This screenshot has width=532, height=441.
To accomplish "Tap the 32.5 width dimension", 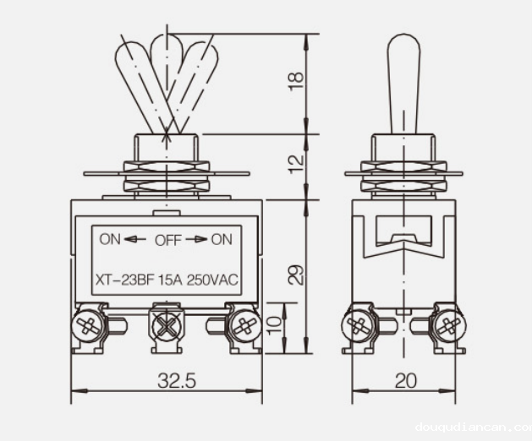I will tap(176, 381).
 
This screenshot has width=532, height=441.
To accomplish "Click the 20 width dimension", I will tap(406, 381).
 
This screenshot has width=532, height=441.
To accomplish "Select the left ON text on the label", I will tap(110, 239).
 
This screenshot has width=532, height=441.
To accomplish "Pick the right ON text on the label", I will tap(222, 239).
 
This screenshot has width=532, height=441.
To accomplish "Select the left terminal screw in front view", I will tap(86, 324).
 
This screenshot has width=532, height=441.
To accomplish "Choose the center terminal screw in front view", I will tap(165, 324).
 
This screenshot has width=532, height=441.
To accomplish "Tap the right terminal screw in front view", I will tap(244, 324).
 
